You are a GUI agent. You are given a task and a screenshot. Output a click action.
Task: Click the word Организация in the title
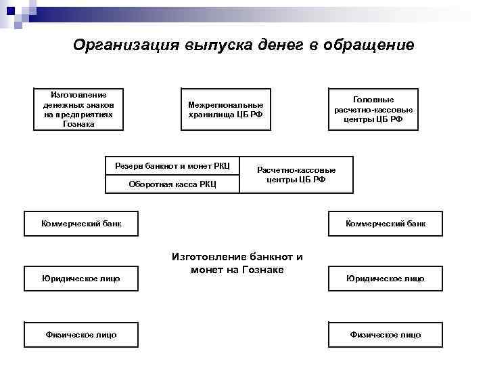[126, 45]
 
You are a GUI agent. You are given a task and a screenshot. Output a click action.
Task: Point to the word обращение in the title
[372, 45]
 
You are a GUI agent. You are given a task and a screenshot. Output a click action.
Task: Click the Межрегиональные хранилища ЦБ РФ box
[226, 109]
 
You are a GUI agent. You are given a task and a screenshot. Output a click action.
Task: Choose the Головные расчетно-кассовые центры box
[373, 109]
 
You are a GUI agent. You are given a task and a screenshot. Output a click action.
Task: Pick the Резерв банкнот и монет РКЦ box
[172, 166]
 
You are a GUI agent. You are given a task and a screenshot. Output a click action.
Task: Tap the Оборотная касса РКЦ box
[172, 184]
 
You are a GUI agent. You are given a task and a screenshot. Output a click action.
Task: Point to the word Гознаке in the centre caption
[261, 270]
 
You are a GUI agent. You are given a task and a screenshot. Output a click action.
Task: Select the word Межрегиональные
[226, 104]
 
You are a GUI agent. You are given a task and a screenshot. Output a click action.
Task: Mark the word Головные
[373, 99]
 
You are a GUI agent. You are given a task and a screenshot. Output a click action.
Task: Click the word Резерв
[127, 166]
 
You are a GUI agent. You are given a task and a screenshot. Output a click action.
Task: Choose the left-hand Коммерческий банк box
[81, 224]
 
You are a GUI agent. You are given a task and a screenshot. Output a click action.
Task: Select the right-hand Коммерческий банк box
[386, 224]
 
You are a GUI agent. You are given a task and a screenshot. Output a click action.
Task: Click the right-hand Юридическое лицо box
[386, 279]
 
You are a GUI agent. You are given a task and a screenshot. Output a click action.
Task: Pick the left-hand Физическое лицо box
[81, 335]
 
